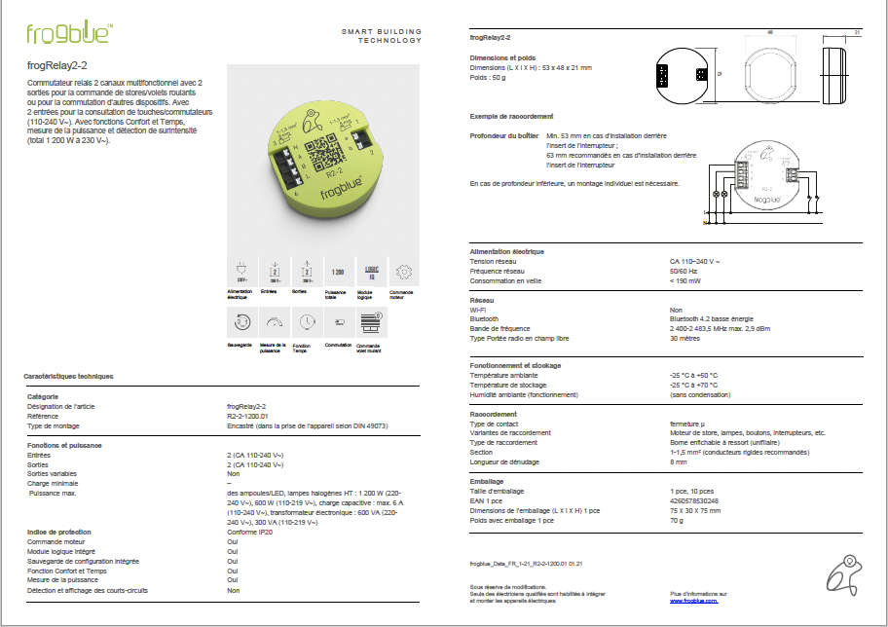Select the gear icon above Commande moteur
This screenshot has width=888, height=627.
(x=405, y=273)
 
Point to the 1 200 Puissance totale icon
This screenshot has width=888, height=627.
(x=338, y=272)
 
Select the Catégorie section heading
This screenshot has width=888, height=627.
(x=43, y=396)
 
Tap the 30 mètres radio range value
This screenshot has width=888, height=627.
(x=685, y=338)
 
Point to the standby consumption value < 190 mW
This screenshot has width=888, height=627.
(x=685, y=280)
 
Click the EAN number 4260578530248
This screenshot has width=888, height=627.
(x=694, y=500)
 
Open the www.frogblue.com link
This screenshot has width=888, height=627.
(x=693, y=602)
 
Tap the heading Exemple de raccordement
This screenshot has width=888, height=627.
(x=511, y=116)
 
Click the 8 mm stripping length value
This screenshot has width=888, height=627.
(x=679, y=461)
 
